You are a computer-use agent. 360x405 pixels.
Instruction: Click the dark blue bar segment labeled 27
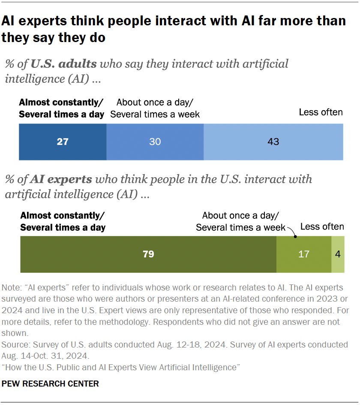[63, 142]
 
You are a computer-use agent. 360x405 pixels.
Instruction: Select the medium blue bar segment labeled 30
[155, 142]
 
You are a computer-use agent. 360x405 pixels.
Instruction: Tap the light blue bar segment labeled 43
[273, 142]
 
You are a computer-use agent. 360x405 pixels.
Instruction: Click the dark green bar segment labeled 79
[148, 254]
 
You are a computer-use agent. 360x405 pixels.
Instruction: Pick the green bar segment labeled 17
[303, 254]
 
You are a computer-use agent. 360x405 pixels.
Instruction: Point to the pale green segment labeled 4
[338, 254]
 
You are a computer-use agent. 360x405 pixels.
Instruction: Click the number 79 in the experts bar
[148, 254]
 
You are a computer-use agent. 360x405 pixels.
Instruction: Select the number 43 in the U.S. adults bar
[273, 142]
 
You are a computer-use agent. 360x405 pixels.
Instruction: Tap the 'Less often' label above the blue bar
[321, 112]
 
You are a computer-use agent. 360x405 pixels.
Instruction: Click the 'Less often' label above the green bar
[322, 227]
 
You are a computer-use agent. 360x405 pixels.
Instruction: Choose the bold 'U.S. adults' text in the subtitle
[64, 64]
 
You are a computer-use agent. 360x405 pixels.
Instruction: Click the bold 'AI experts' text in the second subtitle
[61, 179]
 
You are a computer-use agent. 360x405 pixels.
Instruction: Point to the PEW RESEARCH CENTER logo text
[51, 384]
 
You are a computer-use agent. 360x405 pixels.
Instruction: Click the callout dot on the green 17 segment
[295, 236]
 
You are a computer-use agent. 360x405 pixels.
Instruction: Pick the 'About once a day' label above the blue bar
[155, 102]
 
